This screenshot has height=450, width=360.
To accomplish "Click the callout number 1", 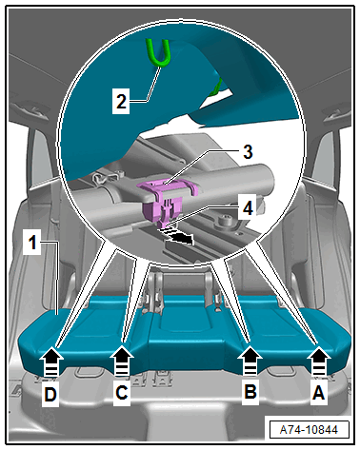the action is click(32, 244).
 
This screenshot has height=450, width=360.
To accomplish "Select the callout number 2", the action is click(121, 102).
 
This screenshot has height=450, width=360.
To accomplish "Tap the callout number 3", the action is click(248, 151).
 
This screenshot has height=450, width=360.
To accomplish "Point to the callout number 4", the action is click(248, 208).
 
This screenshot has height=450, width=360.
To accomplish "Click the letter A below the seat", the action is click(318, 392).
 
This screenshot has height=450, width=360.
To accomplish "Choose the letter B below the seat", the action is click(250, 391).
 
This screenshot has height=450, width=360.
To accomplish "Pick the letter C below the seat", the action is click(122, 392).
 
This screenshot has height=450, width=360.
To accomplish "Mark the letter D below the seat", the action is click(50, 395).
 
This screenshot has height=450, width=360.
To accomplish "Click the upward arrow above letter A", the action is click(318, 362).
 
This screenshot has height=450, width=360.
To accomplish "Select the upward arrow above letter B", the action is click(250, 362).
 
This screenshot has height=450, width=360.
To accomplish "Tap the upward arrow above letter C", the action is click(122, 362).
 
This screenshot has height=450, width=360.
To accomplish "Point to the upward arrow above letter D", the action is click(51, 362).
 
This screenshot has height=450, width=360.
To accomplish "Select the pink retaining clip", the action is click(165, 198).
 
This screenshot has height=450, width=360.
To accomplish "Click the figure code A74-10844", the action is click(309, 430).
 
